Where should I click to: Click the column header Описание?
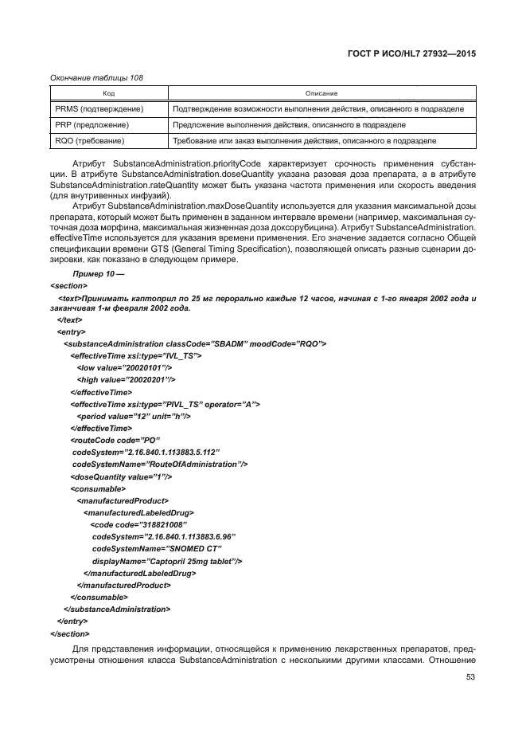[321, 94]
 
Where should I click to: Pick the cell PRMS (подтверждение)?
[99, 109]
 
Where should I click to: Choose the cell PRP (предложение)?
[92, 125]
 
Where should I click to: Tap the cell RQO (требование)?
[92, 141]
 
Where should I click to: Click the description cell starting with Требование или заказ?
[304, 141]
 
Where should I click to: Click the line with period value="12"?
[134, 416]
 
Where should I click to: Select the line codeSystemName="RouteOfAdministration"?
[160, 464]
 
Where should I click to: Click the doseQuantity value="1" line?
[121, 476]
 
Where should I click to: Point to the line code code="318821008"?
[133, 524]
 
